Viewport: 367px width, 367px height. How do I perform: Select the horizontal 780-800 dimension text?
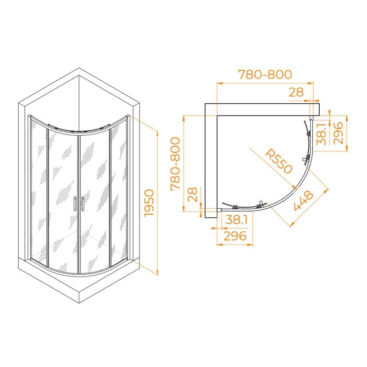264,74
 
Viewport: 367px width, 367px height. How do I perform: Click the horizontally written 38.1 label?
236,220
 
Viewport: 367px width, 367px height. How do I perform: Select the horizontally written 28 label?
296,92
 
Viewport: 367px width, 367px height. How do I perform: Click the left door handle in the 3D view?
74,204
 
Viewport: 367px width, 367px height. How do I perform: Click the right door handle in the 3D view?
83,204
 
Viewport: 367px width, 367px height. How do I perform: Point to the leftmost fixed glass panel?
39,193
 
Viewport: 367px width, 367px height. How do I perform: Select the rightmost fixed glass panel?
119,193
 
